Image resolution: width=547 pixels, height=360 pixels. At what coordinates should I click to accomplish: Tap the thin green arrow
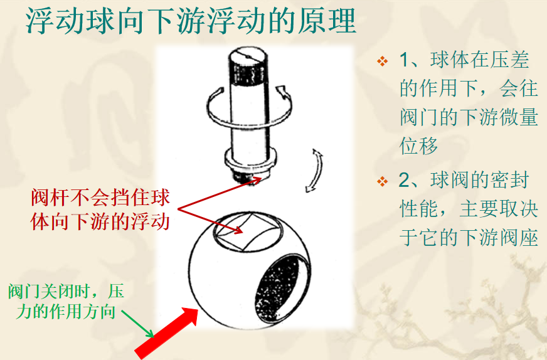[x=137, y=324]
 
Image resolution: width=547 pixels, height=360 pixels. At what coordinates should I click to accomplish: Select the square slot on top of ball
[x=247, y=231]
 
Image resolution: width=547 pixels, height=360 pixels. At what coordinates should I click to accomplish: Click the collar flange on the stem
[x=250, y=159]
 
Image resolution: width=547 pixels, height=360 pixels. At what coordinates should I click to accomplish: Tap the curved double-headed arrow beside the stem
[x=314, y=171]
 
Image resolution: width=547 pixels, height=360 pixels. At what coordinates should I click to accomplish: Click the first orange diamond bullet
[x=383, y=61]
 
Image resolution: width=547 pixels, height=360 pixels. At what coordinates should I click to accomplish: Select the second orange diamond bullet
[x=383, y=181]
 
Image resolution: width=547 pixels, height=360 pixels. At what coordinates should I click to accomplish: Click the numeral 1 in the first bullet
[x=404, y=60]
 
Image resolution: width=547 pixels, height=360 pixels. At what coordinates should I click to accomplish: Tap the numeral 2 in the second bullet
[x=405, y=180]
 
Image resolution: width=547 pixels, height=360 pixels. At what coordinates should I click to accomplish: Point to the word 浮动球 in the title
[x=70, y=21]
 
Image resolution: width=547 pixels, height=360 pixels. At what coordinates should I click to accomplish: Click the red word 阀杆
[x=51, y=198]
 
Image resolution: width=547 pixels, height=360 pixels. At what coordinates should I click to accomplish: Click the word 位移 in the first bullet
[x=418, y=146]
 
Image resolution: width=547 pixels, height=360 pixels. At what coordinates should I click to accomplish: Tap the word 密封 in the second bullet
[x=509, y=180]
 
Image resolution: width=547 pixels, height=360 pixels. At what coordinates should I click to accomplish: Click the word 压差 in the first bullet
[x=509, y=60]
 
